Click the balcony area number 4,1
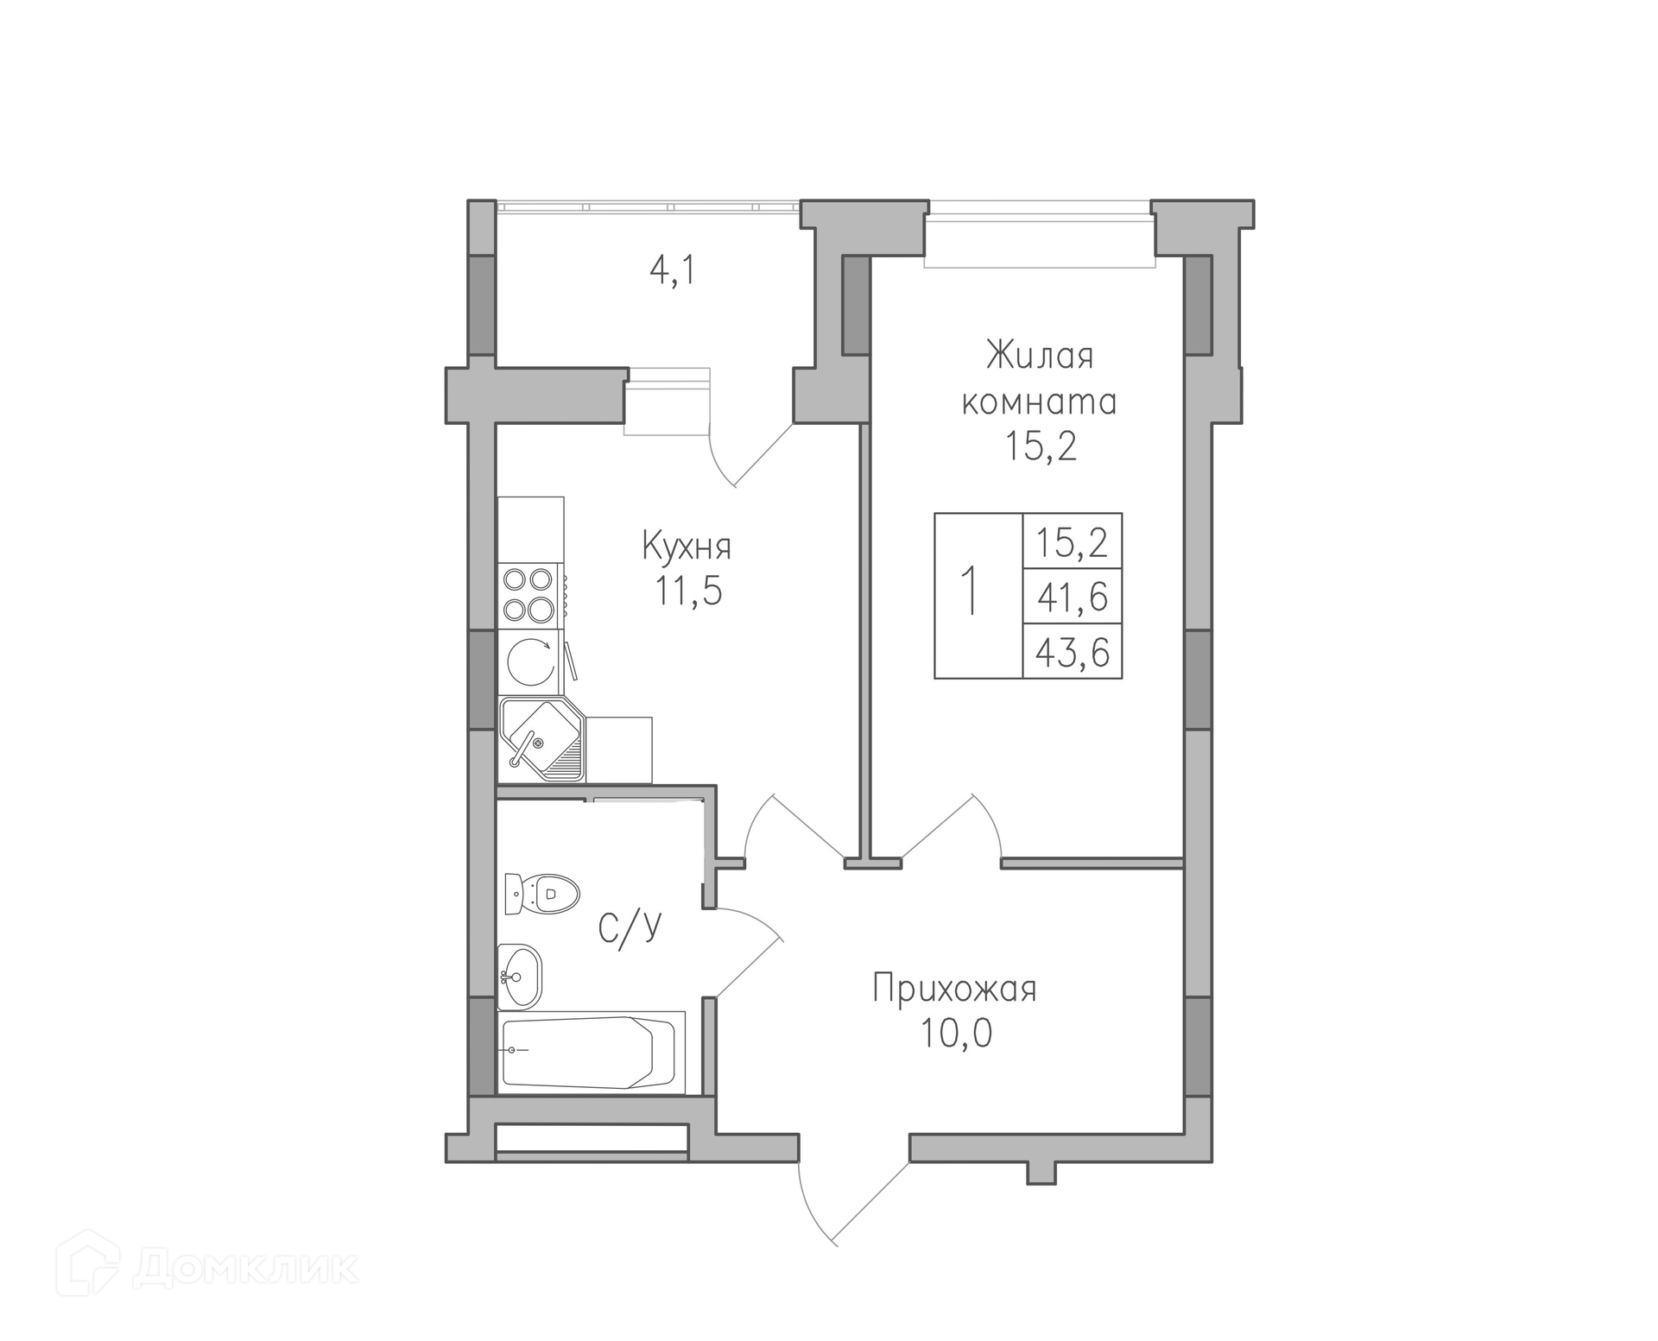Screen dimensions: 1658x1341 [672, 271]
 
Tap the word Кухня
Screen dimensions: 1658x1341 [687, 547]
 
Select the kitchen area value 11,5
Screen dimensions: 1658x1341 [688, 591]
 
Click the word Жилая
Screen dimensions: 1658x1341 [1040, 356]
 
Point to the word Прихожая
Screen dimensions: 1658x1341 [954, 989]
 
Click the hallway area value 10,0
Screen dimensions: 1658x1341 [956, 1034]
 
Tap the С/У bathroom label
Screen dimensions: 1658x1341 [630, 927]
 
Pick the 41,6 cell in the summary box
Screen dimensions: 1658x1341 [1073, 596]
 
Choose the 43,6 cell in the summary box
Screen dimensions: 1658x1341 [1073, 651]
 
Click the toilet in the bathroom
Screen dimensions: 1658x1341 [541, 894]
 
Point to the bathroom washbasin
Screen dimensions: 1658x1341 [521, 977]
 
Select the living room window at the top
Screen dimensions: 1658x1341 [1040, 233]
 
